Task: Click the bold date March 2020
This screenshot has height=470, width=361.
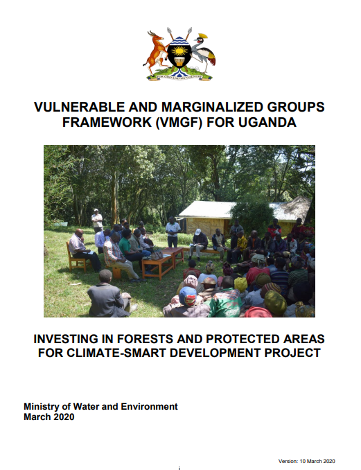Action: (49, 417)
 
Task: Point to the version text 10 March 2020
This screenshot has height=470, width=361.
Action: (317, 461)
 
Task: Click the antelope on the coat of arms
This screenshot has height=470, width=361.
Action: (155, 51)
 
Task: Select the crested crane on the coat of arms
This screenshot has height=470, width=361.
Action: (204, 53)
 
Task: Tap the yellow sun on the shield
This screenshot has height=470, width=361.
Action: (179, 51)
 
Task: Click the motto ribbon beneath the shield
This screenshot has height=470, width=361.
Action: (179, 78)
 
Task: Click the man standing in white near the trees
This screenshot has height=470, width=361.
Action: (97, 221)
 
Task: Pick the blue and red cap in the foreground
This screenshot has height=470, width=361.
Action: (188, 296)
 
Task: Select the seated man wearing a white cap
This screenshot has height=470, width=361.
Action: (197, 244)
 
